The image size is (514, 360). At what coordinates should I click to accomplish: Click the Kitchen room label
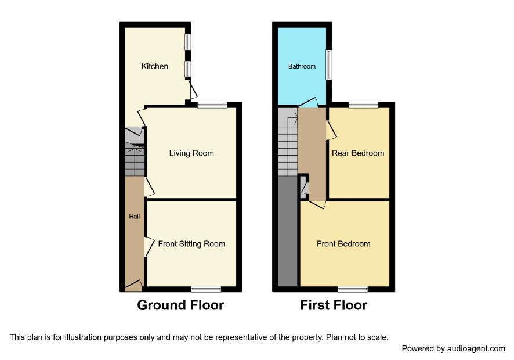click(x=155, y=66)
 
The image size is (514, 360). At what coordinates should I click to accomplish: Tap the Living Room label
click(x=191, y=153)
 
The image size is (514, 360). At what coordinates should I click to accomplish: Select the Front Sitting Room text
click(x=191, y=244)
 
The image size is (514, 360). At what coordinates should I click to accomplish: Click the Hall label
click(x=135, y=216)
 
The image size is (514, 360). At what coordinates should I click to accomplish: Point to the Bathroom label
click(x=302, y=66)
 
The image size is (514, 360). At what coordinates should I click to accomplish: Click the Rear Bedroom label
click(x=358, y=153)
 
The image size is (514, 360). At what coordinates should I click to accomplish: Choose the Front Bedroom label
click(x=343, y=244)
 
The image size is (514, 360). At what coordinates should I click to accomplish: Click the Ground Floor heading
click(x=180, y=305)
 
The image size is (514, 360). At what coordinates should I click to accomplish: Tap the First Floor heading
click(x=334, y=305)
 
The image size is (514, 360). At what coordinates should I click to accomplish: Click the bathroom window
click(x=329, y=64)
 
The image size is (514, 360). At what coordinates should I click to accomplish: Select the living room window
click(x=212, y=105)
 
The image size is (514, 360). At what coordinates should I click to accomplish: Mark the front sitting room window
click(x=206, y=289)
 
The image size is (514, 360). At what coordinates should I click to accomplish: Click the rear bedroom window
click(x=363, y=105)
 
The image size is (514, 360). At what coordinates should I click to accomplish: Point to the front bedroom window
click(x=353, y=289)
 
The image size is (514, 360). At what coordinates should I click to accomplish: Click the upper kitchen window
click(x=187, y=42)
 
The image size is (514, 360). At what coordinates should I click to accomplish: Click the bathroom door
click(x=308, y=102)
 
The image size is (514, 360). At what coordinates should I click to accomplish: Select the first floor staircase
click(x=288, y=142)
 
